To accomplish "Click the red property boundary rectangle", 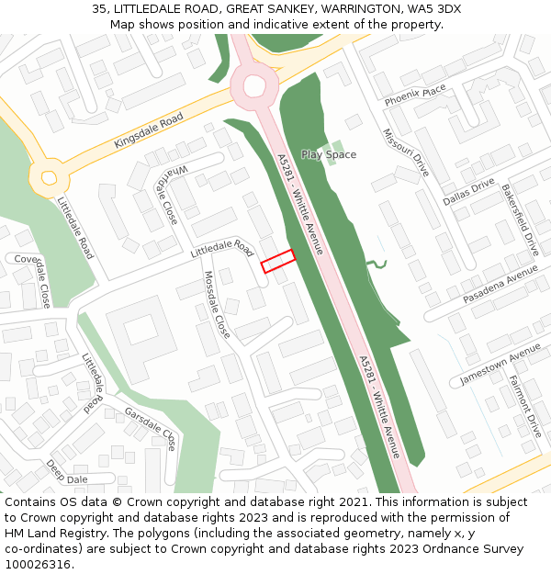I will click(x=277, y=261).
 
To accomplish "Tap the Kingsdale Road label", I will click(x=149, y=130).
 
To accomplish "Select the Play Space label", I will click(x=328, y=154).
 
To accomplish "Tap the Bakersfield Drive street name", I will click(x=519, y=219).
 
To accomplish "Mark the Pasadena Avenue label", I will click(x=500, y=285).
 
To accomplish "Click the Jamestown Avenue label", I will click(x=500, y=365).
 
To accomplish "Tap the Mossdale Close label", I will click(x=217, y=304).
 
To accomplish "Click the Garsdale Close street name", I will click(x=150, y=428).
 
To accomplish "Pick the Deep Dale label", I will click(x=66, y=471).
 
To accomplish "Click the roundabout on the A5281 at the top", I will click(x=253, y=85).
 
